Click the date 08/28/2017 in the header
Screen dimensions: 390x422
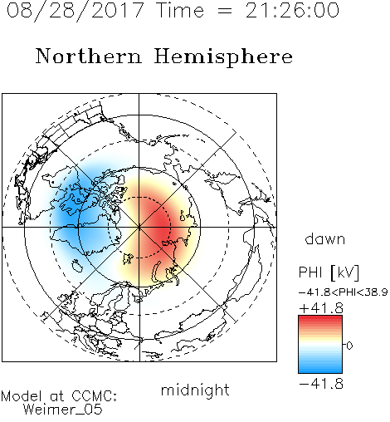[76, 11]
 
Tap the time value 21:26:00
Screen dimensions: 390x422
[292, 10]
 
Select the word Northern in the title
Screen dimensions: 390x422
[89, 56]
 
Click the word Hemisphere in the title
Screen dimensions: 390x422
[223, 57]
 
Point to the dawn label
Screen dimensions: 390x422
[325, 238]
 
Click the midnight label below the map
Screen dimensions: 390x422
[195, 390]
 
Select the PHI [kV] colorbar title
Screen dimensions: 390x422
[329, 272]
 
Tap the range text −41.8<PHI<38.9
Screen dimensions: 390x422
[343, 292]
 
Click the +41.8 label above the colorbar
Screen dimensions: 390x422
[321, 308]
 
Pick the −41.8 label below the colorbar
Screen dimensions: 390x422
[321, 384]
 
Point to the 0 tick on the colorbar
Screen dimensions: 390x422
[349, 346]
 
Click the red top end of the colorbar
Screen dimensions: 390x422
[320, 318]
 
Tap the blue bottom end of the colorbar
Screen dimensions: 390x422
[320, 370]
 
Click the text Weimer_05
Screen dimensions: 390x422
[63, 410]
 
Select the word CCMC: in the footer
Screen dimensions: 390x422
[94, 396]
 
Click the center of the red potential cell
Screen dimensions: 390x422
[158, 226]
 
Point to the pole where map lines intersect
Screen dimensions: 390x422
[139, 227]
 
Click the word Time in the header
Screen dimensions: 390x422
[180, 10]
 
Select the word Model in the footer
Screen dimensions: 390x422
[22, 396]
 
